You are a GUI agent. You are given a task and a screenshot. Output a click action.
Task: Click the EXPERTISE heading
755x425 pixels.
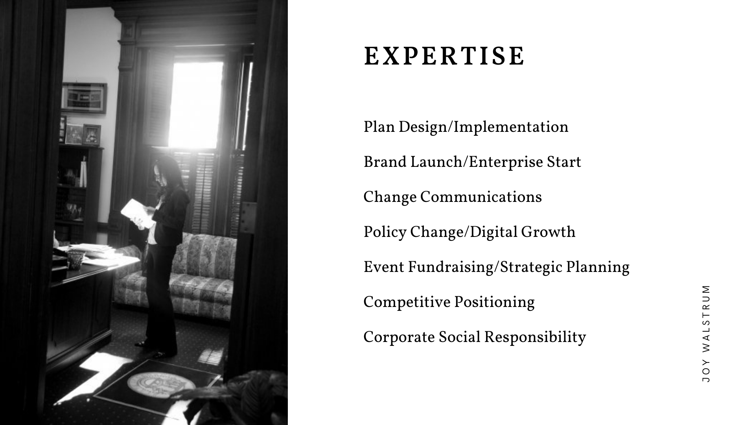coord(444,56)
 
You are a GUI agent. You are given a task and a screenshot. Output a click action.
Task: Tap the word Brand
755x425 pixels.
coord(385,162)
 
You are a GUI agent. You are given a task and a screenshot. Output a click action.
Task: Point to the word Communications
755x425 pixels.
coord(481,197)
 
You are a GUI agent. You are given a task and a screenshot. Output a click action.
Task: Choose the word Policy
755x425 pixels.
coord(385,233)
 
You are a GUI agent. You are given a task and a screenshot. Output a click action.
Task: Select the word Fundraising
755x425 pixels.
coord(450,268)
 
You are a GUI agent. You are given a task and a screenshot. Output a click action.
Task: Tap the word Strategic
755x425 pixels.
coord(531,268)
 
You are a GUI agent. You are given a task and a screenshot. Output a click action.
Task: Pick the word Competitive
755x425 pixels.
coord(407,303)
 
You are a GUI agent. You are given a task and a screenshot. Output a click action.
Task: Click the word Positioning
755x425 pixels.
coord(495,303)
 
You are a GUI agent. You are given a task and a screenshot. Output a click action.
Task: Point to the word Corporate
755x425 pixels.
coord(399,338)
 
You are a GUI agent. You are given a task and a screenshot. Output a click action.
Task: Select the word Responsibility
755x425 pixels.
coord(535,338)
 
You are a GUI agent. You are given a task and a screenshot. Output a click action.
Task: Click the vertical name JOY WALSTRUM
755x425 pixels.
coord(706,333)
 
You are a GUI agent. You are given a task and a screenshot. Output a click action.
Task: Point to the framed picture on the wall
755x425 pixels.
coord(84,98)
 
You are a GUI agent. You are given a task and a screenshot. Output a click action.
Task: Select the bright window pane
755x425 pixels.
coord(195,104)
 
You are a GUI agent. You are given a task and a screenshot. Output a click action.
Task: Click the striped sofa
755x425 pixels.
coord(177,275)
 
